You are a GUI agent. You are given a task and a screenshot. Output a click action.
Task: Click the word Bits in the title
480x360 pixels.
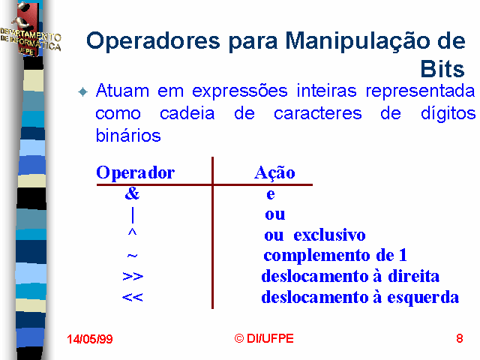coord(442,69)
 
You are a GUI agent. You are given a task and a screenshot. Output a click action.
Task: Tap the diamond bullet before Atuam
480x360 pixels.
coord(83,91)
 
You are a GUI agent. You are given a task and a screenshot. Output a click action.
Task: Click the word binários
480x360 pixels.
coord(128,135)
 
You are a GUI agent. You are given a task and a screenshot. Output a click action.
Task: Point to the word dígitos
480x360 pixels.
coord(448,113)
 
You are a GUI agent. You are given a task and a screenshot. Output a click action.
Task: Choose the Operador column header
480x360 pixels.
coord(135,172)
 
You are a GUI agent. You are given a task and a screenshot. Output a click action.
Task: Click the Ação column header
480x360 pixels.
coord(274,173)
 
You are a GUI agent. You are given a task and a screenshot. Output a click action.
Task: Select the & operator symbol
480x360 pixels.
coord(132,193)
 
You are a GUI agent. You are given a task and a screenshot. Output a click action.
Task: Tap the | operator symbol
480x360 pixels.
coord(133,215)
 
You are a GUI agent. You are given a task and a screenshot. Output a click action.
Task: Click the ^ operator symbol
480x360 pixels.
coord(132,232)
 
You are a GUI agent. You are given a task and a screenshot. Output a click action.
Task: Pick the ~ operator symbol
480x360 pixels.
coord(132,255)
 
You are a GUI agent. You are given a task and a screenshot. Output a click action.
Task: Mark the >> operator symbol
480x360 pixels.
coord(133,276)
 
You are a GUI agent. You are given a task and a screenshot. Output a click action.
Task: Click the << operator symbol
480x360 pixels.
coord(132,297)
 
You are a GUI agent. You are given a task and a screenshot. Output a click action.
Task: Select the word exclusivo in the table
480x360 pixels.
coord(329,235)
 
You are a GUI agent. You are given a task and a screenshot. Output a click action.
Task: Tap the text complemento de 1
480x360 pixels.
coord(335,255)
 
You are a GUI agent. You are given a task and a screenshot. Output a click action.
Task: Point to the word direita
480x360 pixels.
coord(413,276)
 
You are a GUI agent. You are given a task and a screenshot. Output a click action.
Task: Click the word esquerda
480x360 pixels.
coord(423,298)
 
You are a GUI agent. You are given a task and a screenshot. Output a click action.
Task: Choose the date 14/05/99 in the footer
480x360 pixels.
coord(90,339)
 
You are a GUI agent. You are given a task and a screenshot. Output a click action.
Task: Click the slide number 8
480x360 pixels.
coord(460,338)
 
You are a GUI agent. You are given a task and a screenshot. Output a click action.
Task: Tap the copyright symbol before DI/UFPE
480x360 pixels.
coord(239,338)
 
